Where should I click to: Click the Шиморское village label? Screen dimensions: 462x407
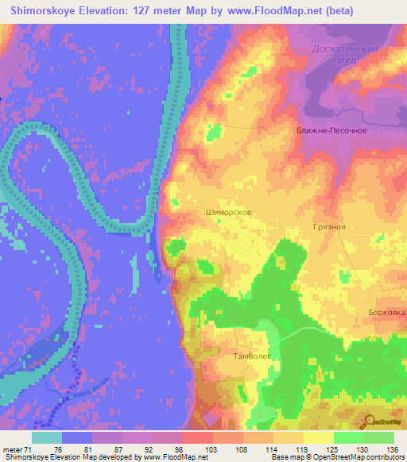229,213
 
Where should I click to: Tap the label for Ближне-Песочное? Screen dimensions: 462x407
331,130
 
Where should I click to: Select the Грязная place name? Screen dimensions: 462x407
328,226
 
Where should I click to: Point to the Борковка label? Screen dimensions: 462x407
387,312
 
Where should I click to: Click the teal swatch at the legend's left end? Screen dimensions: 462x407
47,437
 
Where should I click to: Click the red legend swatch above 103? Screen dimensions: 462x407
198,437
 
